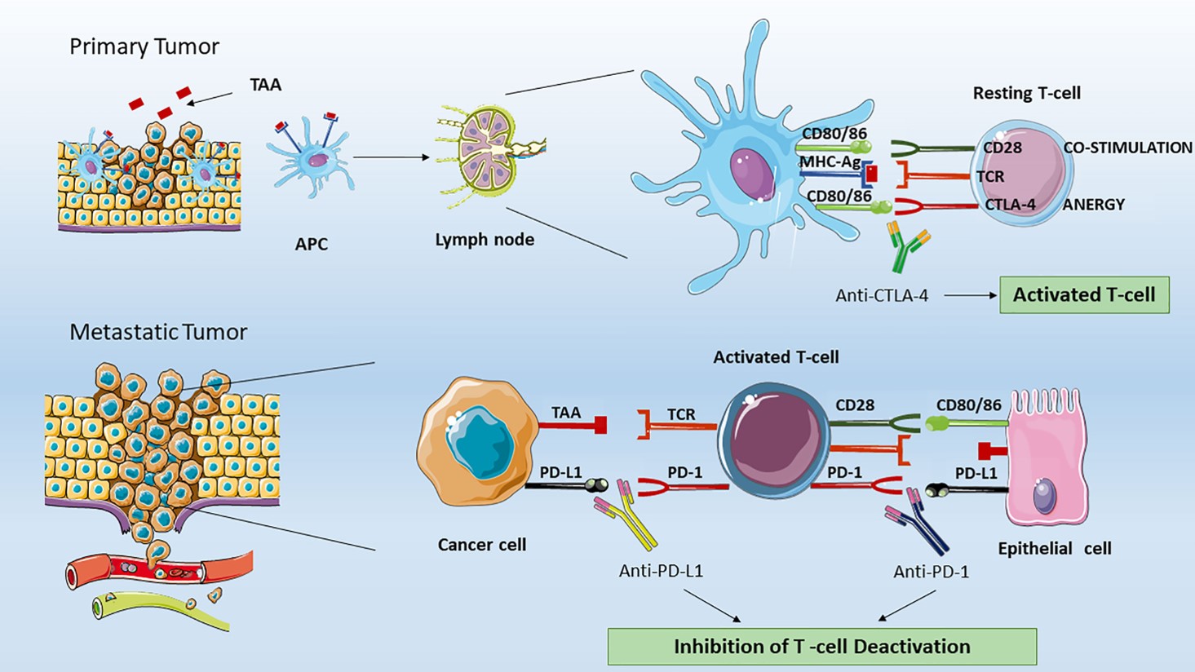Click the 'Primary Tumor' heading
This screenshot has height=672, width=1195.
(144, 46)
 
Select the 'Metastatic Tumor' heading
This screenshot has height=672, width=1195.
(157, 332)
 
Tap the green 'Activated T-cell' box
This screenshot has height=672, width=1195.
(1083, 295)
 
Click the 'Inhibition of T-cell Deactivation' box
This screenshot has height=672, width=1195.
(821, 647)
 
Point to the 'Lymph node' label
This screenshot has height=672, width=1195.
(485, 240)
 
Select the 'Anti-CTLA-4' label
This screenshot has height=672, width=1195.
(881, 296)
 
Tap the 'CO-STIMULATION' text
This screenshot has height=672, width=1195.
(1127, 148)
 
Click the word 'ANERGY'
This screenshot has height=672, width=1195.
(1093, 205)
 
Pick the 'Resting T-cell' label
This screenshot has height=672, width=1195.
(1026, 93)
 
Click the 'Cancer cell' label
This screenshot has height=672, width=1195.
(481, 545)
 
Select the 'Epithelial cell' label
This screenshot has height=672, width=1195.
(1054, 549)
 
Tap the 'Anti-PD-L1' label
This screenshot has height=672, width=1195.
(661, 571)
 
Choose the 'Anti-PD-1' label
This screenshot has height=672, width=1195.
(931, 572)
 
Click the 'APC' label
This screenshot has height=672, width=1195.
(311, 244)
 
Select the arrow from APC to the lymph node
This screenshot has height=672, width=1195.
(391, 157)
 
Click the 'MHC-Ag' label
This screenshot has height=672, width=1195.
(830, 162)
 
